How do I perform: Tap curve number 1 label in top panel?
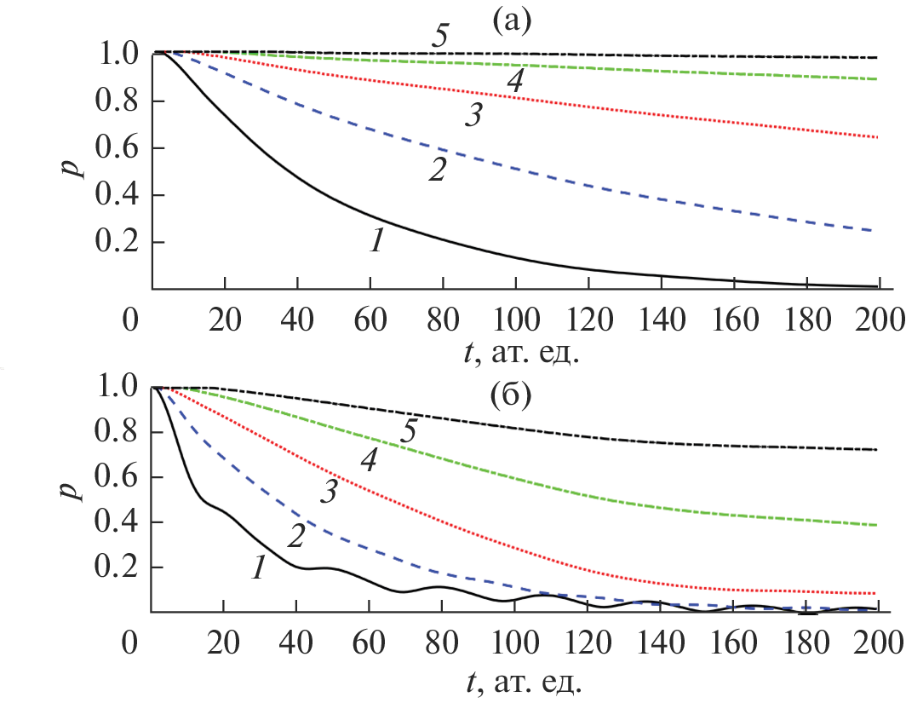coord(376,241)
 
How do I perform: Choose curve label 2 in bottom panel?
coord(295,535)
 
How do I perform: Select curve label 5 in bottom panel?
coord(409,432)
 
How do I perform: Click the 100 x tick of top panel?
coord(514,320)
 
